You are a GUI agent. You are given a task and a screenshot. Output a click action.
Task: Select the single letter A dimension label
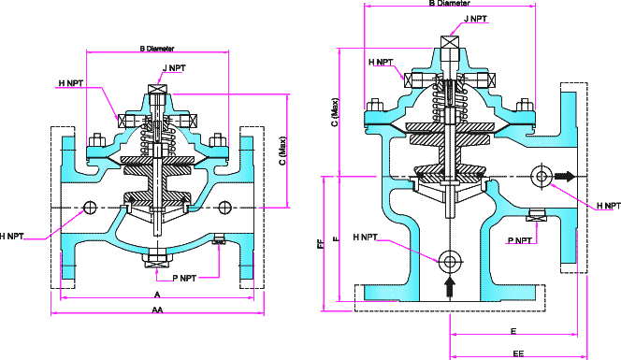coord(156,293)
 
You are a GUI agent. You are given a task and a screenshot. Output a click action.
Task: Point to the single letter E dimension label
coord(513,331)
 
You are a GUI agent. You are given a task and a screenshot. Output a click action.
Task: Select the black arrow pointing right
coord(563,175)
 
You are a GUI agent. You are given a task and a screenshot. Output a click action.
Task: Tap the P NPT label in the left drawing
coord(183,278)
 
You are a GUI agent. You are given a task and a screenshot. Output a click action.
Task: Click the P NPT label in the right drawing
coord(521,240)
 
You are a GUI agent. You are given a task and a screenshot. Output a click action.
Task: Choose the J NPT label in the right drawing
coord(475,18)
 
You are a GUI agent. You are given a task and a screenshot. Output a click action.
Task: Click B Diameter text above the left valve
coord(156,48)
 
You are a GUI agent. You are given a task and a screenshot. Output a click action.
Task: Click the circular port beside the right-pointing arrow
coord(541,175)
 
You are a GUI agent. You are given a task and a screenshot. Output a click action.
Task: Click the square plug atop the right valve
coord(450,40)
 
